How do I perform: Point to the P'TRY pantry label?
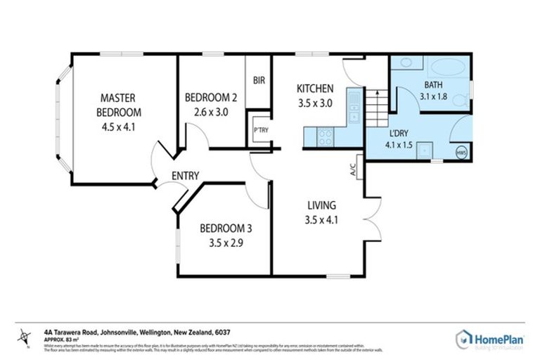pos(260,130)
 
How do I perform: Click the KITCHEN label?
pos(314,89)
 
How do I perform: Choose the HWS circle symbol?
pos(461,153)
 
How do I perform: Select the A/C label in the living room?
pos(352,169)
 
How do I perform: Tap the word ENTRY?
pos(185,176)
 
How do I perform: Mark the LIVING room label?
pos(321,205)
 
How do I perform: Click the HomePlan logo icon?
pos(464,338)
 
